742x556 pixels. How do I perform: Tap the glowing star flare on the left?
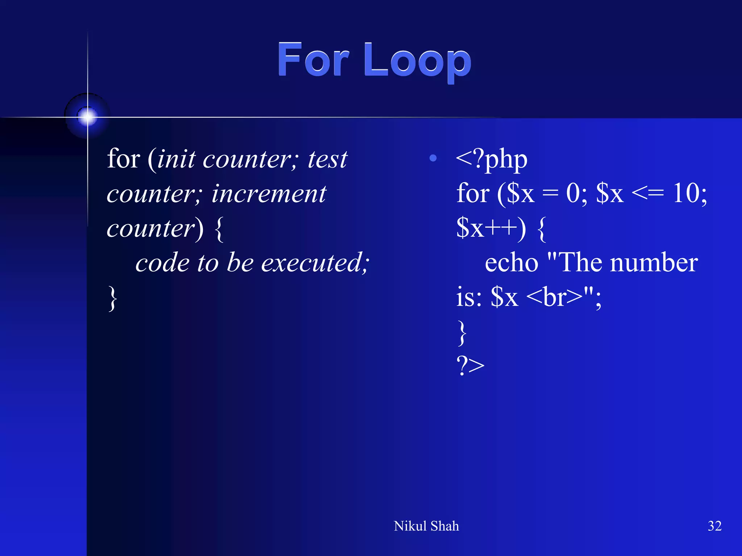(x=87, y=117)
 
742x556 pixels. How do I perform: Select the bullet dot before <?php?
(x=433, y=158)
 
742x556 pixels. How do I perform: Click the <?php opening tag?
(x=492, y=159)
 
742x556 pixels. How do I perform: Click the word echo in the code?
(x=511, y=263)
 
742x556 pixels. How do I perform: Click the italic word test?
(x=328, y=159)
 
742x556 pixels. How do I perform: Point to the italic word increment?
(x=269, y=194)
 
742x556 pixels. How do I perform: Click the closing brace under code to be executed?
(x=113, y=298)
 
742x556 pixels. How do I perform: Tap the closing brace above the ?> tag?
(x=462, y=332)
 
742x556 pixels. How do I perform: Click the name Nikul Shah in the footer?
(x=426, y=526)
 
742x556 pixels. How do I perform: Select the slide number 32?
(x=714, y=526)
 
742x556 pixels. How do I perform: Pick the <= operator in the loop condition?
(x=648, y=193)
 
